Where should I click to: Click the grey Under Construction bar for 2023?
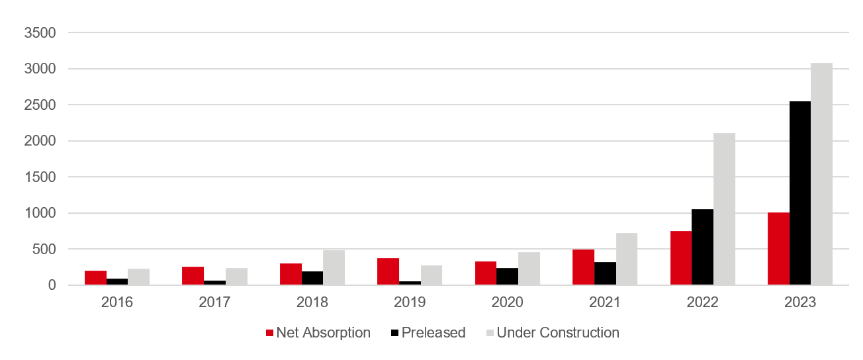[821, 174]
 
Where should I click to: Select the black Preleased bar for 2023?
[799, 193]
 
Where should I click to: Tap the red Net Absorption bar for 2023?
[778, 249]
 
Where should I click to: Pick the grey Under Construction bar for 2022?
[724, 209]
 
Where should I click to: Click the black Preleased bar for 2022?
[702, 247]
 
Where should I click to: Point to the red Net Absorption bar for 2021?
[583, 267]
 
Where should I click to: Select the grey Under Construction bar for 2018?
[334, 268]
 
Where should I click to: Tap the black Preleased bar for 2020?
[507, 277]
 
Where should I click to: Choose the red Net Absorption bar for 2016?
[95, 278]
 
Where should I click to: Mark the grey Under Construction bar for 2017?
[236, 277]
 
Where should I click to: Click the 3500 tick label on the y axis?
[42, 32]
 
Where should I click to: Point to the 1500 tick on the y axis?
[42, 177]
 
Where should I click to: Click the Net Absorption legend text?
[324, 333]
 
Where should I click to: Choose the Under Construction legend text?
[558, 333]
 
